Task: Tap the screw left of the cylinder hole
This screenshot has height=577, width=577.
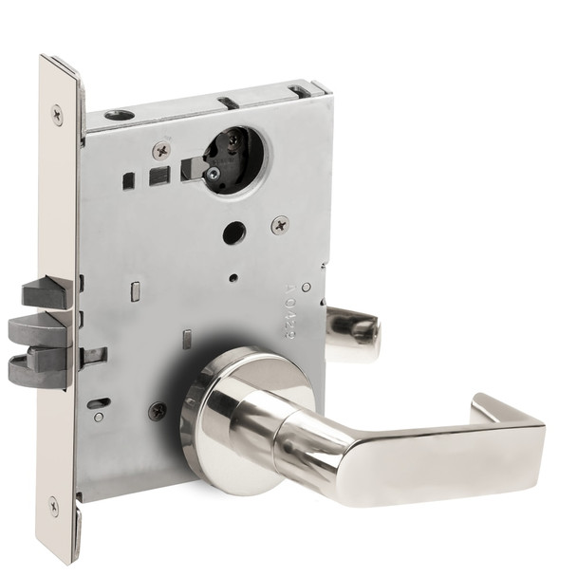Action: (161, 150)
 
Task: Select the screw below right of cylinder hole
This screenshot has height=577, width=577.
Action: (280, 225)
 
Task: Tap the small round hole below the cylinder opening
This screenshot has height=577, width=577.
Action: (232, 233)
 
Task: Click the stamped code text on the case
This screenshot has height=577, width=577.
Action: (303, 304)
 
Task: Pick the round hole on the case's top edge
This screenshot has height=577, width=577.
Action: (121, 115)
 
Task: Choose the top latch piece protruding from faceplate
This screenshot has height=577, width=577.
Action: (48, 293)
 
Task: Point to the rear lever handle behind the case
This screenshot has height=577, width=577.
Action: (353, 332)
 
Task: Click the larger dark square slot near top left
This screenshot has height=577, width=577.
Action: (159, 175)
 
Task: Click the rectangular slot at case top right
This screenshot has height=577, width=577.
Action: (301, 92)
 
